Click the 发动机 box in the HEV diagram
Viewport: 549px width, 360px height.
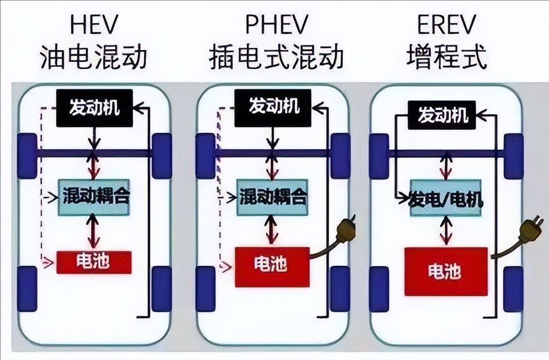94,108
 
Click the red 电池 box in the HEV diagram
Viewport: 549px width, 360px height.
94,262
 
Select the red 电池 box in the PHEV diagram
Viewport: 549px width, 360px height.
271,266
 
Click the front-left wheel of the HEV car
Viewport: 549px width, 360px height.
27,156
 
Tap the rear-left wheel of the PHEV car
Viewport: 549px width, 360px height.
206,288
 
